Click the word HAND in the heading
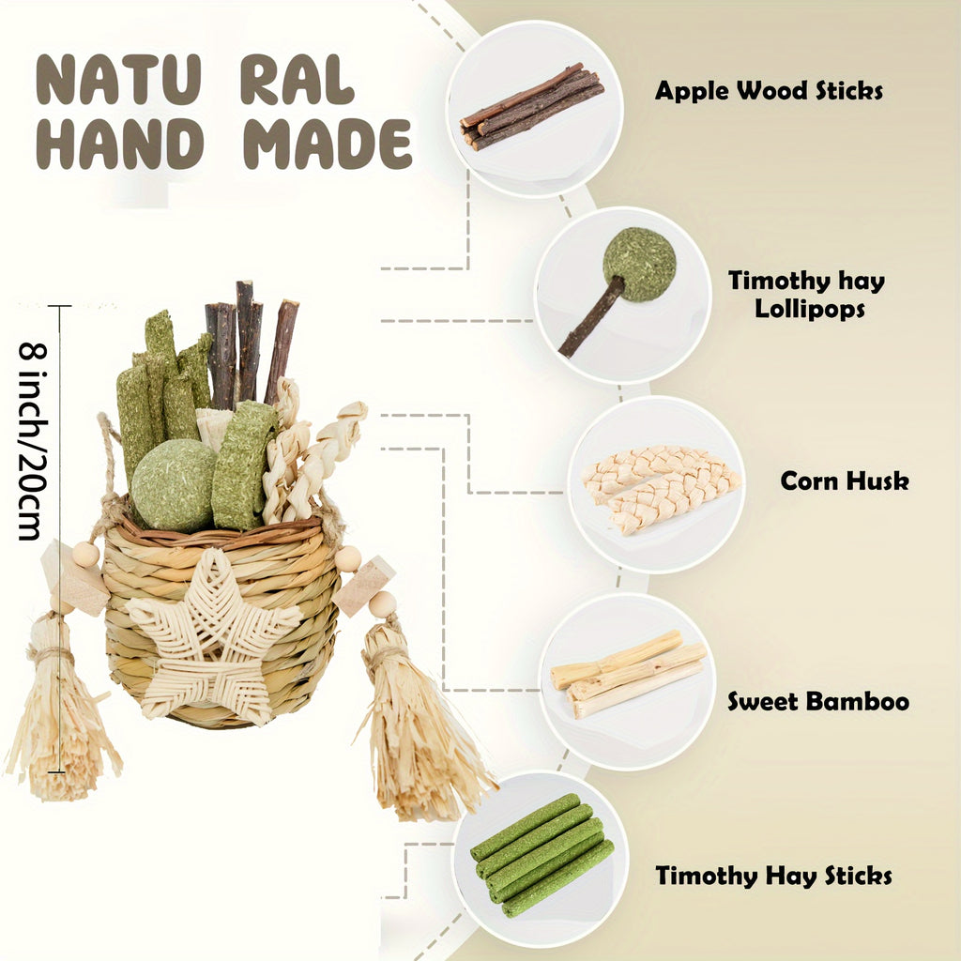(119, 144)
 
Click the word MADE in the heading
(328, 144)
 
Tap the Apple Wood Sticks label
(769, 91)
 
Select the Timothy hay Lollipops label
(806, 294)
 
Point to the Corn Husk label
(845, 481)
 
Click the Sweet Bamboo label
(818, 701)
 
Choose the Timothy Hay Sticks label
(773, 876)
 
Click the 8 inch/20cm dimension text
(32, 441)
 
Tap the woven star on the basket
(213, 635)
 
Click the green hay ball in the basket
(174, 485)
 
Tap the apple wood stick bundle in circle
(532, 107)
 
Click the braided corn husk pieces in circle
(661, 488)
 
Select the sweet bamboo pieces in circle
(628, 673)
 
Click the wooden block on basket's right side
(364, 586)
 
